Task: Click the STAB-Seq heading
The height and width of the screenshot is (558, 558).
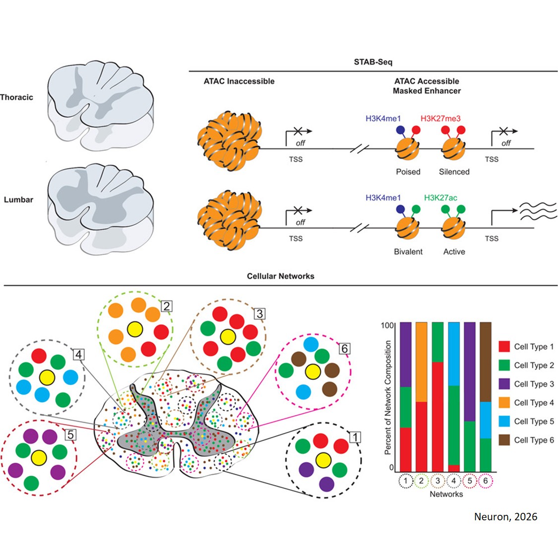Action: coord(372,62)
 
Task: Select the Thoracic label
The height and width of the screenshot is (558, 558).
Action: coord(16,97)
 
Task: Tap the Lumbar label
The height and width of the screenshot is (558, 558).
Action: coord(18,199)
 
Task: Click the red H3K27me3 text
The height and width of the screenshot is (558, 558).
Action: coord(440,119)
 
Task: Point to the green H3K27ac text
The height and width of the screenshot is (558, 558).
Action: coord(440,198)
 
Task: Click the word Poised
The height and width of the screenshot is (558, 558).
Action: coord(408,172)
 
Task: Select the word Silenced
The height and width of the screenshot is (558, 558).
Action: coord(454,172)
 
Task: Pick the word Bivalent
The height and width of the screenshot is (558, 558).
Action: coord(408,251)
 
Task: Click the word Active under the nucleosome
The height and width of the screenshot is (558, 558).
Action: coord(454,251)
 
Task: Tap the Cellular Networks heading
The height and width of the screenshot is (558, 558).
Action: coord(280,276)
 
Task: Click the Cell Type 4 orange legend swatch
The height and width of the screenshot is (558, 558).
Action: coord(504,403)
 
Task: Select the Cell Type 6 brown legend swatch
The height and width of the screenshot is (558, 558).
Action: coord(504,440)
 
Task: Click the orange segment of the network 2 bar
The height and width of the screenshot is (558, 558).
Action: coord(421,362)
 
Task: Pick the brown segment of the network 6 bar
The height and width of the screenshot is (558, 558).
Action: coord(486,362)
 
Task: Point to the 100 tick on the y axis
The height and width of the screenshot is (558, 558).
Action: coord(387,325)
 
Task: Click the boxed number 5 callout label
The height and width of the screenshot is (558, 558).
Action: coord(71,435)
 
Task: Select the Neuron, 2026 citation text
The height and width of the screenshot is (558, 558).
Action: coord(505,517)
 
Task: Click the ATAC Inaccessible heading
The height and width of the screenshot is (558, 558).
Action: coord(239,81)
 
